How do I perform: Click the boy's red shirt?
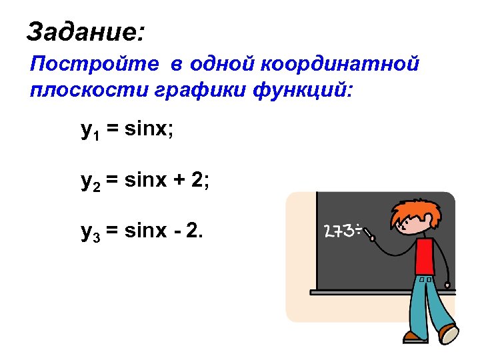425,257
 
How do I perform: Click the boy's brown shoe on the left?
414,337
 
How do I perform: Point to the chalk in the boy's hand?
367,234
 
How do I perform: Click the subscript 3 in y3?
95,237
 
